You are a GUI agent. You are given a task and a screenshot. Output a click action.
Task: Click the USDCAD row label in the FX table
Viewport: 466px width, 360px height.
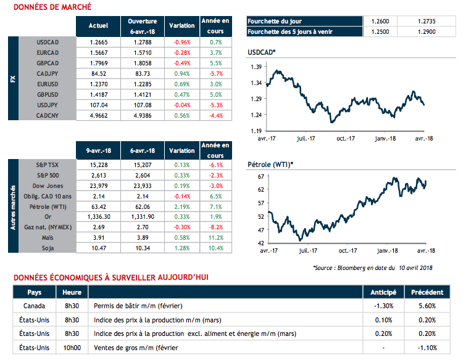[47, 42]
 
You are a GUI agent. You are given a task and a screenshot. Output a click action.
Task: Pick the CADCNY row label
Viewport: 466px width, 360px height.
[47, 115]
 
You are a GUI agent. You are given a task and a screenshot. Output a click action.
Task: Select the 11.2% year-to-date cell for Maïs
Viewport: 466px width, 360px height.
[215, 237]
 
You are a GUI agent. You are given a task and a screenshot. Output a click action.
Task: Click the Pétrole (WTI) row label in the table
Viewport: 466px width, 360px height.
[47, 207]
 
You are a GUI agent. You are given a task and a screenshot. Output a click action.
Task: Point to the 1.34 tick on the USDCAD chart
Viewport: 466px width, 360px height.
[255, 83]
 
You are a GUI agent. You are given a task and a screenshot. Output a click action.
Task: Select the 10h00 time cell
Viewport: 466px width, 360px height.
[73, 347]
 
